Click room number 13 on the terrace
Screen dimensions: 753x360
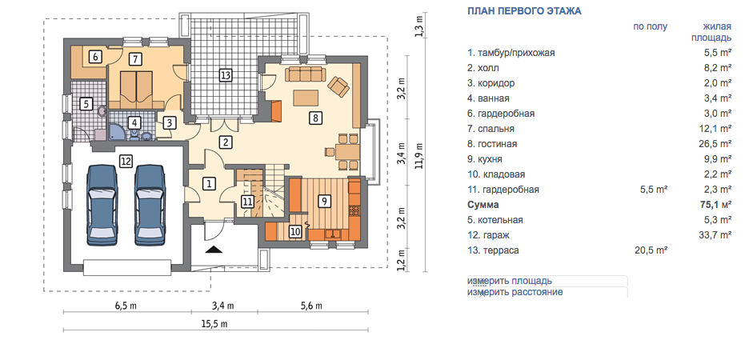tap(225, 75)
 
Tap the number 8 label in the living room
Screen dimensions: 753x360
tap(315, 117)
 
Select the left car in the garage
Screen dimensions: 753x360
tap(102, 206)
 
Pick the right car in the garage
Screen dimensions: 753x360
tap(150, 206)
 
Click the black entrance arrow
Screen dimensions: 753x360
tap(214, 249)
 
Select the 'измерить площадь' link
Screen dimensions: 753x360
tap(510, 281)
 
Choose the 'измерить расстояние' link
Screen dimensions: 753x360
tap(515, 292)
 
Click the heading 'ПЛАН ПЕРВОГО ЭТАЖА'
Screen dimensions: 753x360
tap(524, 11)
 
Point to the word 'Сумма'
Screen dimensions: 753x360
tap(483, 205)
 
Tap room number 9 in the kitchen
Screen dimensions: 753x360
tap(325, 201)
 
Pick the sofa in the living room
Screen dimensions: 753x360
tap(305, 75)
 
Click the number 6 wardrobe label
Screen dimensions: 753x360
tap(95, 57)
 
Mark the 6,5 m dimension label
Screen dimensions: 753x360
tap(126, 306)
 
